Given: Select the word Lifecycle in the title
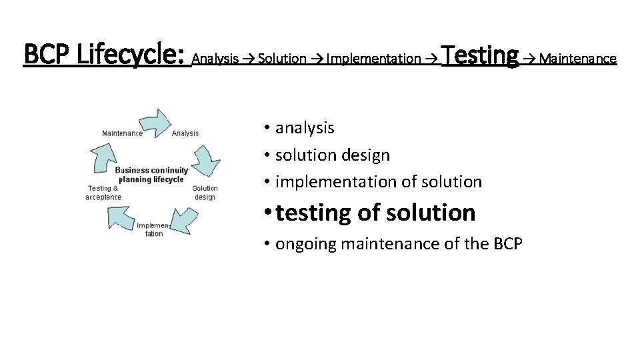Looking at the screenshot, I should (x=131, y=55).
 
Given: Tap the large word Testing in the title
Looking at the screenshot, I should (x=480, y=54).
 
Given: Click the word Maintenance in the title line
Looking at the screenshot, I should (x=578, y=59).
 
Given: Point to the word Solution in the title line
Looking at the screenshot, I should (x=282, y=59).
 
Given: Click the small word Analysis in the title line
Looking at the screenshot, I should (x=215, y=59).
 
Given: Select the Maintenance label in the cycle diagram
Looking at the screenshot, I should (x=122, y=133).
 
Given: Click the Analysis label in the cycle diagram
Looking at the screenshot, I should (x=185, y=133).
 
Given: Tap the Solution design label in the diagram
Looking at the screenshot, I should (x=205, y=193).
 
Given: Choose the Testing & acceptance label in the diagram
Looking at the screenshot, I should (x=103, y=193).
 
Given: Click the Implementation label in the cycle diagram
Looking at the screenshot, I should (x=154, y=229).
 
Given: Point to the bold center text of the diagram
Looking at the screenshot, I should (x=151, y=175).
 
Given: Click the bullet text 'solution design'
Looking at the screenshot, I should (x=332, y=155).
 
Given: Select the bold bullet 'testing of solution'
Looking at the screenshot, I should (x=375, y=213).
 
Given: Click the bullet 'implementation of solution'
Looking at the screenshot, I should (x=378, y=181).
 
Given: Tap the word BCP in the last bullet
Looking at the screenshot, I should (x=508, y=244).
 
